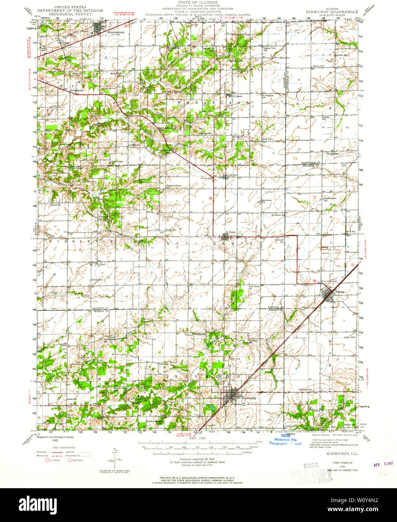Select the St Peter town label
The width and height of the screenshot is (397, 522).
tap(230, 232)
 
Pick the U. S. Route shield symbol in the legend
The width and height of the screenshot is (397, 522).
tap(47, 460)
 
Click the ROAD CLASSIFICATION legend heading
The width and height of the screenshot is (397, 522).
tap(61, 448)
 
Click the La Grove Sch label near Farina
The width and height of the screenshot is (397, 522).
tap(329, 281)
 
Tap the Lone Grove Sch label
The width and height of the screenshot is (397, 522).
tap(255, 287)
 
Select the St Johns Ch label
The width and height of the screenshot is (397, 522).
tap(278, 215)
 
